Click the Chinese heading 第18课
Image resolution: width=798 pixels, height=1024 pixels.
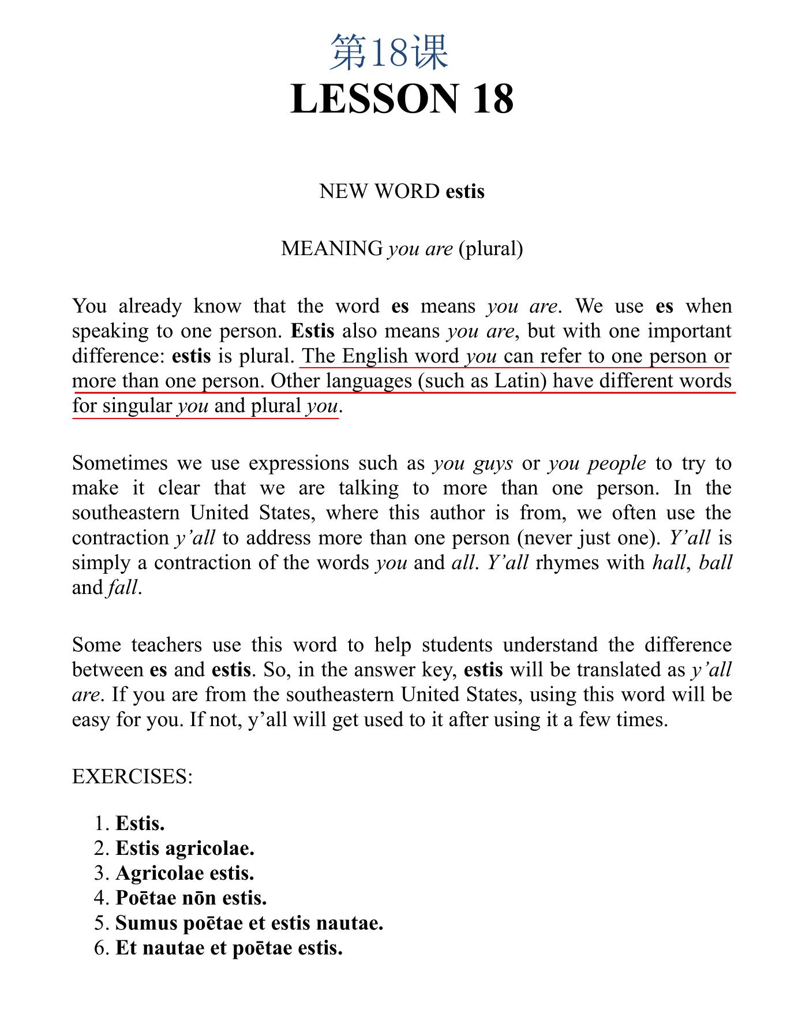[x=389, y=53]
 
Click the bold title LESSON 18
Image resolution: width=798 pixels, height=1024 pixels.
[x=402, y=99]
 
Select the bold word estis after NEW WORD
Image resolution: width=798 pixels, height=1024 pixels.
[x=465, y=191]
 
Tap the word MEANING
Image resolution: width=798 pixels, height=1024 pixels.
[x=332, y=249]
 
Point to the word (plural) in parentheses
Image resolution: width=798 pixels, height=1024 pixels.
[x=490, y=249]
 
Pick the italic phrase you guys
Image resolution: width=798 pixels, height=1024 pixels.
[x=473, y=464]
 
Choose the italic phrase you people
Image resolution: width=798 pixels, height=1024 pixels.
[x=597, y=464]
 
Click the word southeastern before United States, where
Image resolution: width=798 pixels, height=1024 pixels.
[x=126, y=513]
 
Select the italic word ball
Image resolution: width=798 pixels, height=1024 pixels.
[x=715, y=563]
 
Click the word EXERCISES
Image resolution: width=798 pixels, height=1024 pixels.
[x=132, y=776]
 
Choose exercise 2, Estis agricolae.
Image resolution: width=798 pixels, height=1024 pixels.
[x=185, y=849]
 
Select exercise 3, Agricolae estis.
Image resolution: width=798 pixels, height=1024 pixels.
[x=185, y=873]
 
